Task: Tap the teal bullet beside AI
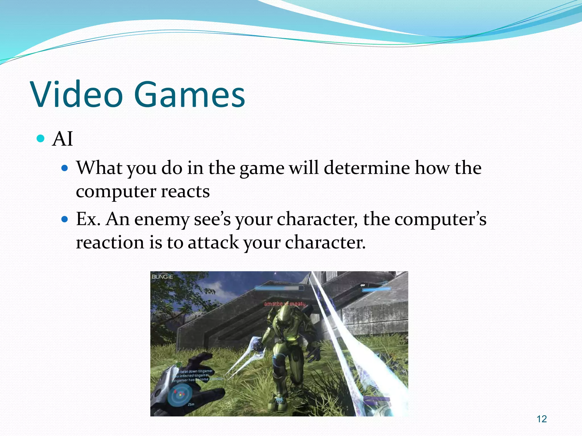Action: [x=41, y=139]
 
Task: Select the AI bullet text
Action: [x=63, y=139]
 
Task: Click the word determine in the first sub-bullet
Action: [x=367, y=168]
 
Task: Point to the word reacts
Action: [x=185, y=191]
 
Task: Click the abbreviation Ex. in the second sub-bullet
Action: [x=88, y=219]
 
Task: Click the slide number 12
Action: [x=542, y=419]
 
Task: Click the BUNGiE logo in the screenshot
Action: [x=162, y=277]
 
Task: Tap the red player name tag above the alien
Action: [x=285, y=304]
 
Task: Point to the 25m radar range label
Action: [x=191, y=404]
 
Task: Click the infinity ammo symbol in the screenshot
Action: [x=363, y=285]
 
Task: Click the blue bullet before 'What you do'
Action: [x=65, y=168]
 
